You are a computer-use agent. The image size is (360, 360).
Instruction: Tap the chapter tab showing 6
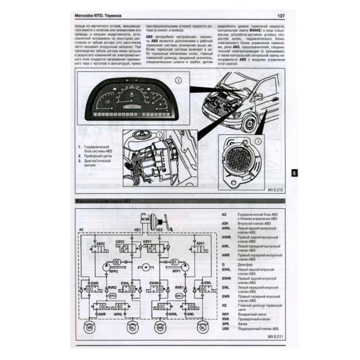[x=293, y=172]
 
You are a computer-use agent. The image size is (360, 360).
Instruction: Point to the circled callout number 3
[x=258, y=142]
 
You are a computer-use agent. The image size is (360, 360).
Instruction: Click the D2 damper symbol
[x=116, y=263]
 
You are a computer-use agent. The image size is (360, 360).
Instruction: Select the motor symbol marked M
[x=145, y=266]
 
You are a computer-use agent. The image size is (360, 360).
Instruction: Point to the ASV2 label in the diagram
[x=100, y=244]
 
